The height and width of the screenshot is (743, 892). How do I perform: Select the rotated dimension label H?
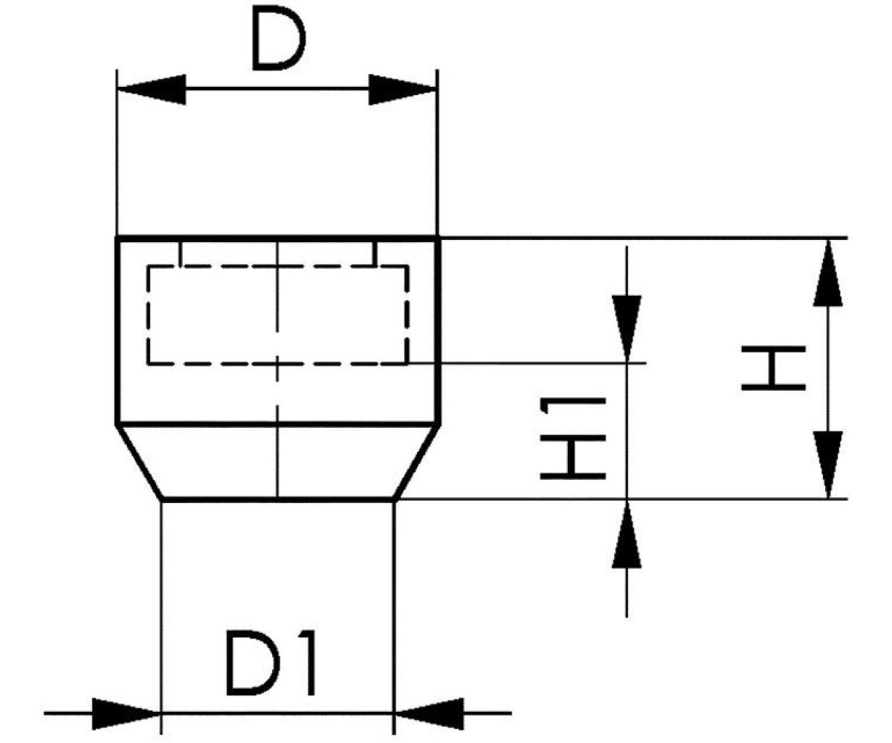(774, 368)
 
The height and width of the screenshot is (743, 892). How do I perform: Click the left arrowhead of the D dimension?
(152, 90)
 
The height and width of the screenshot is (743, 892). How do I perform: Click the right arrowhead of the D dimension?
(402, 90)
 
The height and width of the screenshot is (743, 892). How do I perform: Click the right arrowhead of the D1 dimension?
(428, 713)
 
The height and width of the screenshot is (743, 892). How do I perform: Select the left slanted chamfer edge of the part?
(140, 462)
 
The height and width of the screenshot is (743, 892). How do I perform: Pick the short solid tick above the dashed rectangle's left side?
(180, 253)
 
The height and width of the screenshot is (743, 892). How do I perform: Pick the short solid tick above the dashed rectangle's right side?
(375, 253)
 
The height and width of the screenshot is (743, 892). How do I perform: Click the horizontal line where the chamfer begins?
(223, 424)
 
